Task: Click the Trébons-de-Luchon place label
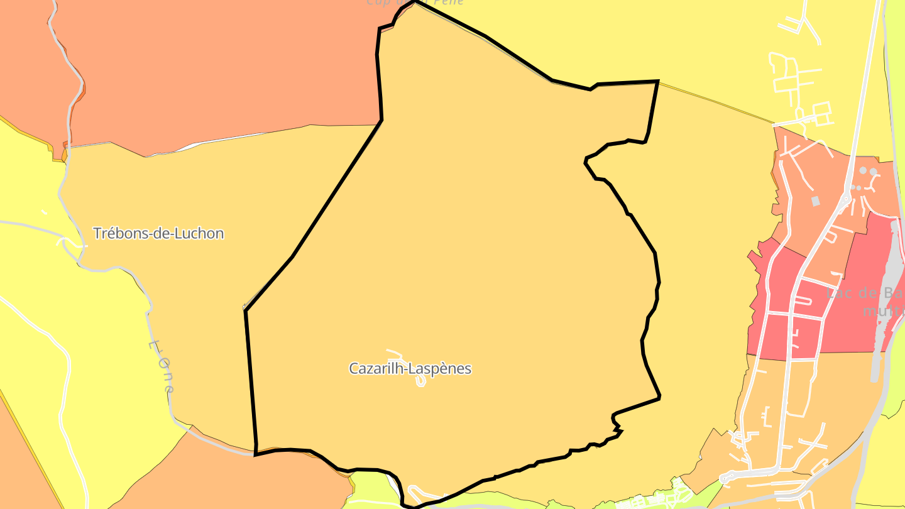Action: pos(158,234)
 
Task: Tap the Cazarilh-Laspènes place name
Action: pos(410,369)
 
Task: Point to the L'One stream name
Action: pos(162,367)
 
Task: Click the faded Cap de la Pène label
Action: pos(415,3)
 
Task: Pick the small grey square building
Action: pos(816,201)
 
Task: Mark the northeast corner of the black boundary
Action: pos(657,81)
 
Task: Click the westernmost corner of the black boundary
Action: pos(245,310)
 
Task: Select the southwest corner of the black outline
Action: pos(255,454)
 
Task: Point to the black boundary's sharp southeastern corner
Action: pos(659,397)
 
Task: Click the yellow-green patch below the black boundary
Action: pos(371,485)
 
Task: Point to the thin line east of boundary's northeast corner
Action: pos(716,101)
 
